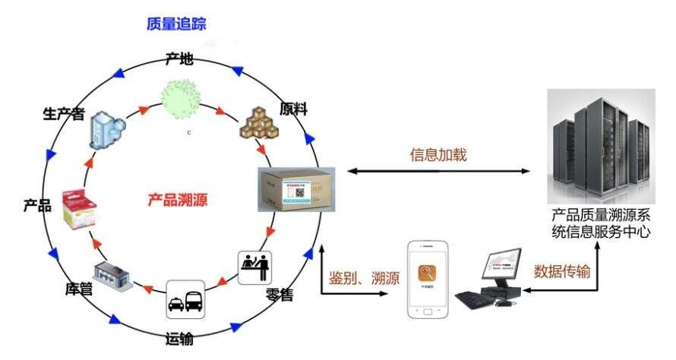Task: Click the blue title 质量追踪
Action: pyautogui.click(x=176, y=24)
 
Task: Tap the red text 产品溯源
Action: pyautogui.click(x=177, y=201)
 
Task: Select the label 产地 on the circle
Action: pyautogui.click(x=179, y=58)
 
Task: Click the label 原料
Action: pyautogui.click(x=293, y=109)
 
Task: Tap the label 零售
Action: pyautogui.click(x=281, y=294)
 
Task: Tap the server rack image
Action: pyautogui.click(x=599, y=144)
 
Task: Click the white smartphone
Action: pyautogui.click(x=431, y=279)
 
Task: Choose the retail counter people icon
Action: pyautogui.click(x=255, y=267)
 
